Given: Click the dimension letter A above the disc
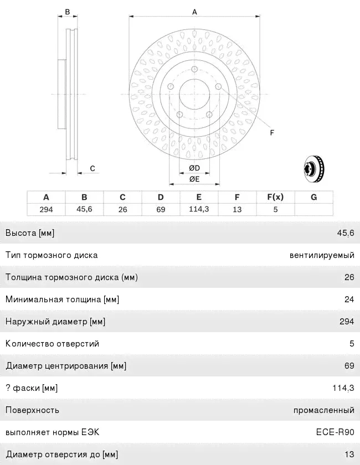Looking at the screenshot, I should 194,12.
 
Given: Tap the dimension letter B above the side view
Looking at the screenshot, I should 67,12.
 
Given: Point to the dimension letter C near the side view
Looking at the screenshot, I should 92,168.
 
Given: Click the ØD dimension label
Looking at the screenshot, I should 194,168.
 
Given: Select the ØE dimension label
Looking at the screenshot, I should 194,179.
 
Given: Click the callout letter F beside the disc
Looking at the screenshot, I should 272,132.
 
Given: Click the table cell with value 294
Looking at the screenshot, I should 46,209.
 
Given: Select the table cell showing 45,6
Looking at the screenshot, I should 84,209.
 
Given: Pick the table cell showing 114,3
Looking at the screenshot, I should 198,209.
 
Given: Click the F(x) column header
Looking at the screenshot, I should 275,197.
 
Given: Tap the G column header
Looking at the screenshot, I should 313,197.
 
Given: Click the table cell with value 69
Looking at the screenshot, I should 161,209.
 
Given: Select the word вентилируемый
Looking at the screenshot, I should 322,255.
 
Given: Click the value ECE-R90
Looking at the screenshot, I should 336,432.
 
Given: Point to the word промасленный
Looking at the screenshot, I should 324,410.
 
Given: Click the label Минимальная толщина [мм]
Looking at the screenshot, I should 62,299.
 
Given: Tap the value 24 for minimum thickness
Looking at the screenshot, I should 349,299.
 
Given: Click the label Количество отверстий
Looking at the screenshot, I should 52,344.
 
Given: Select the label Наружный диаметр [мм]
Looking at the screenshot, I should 55,322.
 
